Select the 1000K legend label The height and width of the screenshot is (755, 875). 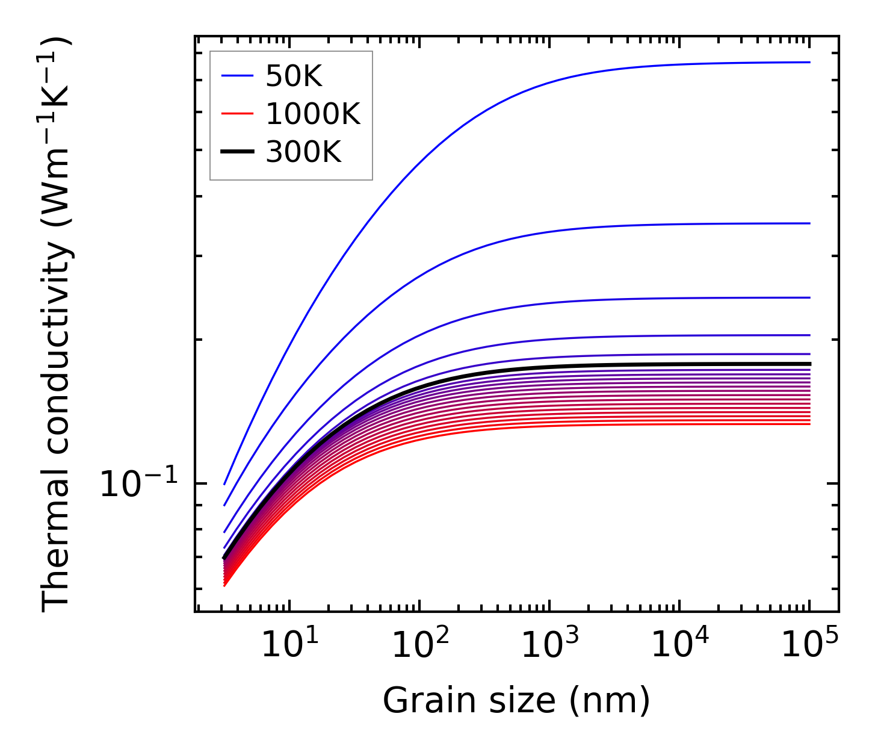click(x=313, y=114)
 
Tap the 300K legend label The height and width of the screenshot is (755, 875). click(x=303, y=152)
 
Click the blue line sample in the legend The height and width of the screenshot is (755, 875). click(x=237, y=75)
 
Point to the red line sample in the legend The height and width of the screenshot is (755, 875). click(x=237, y=114)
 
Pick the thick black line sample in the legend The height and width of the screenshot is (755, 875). click(x=237, y=152)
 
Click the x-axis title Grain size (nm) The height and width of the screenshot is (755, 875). click(x=516, y=701)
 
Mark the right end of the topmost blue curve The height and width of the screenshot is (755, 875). click(x=809, y=62)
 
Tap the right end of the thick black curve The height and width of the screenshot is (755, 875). click(x=809, y=364)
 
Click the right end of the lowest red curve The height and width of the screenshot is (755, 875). click(x=809, y=424)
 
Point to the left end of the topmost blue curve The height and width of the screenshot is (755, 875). click(x=224, y=484)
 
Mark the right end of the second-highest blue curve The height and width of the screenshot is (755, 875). click(x=809, y=223)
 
